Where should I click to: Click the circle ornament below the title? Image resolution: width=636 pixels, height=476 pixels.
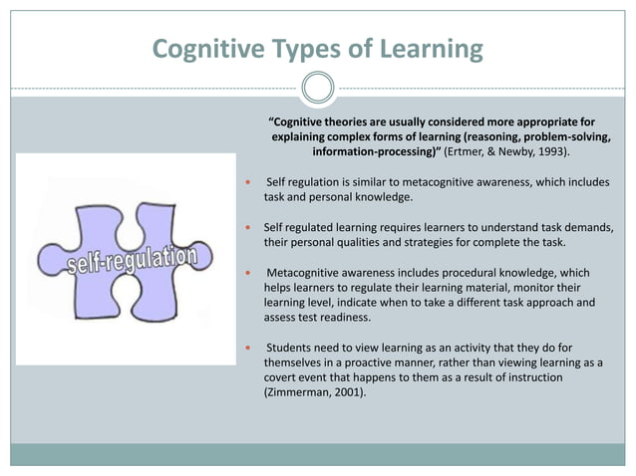[317, 89]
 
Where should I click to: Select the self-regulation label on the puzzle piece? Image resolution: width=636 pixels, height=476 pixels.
[134, 262]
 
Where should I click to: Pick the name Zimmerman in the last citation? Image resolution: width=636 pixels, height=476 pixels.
[294, 393]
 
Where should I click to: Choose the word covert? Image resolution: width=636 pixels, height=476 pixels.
[280, 378]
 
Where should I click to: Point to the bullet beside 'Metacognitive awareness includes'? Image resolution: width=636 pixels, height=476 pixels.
[247, 273]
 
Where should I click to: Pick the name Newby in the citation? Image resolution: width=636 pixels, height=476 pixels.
[520, 154]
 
